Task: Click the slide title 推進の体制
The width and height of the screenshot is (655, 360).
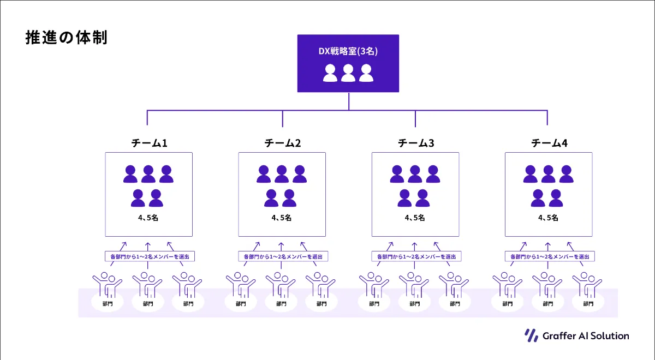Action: [67, 38]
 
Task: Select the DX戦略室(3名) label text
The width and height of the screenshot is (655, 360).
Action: [348, 51]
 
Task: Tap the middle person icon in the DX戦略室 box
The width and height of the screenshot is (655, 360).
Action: [348, 73]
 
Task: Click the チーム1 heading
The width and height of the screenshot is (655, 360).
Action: [149, 143]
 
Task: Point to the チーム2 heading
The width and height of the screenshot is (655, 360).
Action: [283, 143]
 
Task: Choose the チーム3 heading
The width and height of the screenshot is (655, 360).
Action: [416, 143]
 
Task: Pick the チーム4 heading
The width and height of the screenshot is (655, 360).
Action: [549, 143]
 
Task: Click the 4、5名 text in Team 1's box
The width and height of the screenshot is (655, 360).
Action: [148, 218]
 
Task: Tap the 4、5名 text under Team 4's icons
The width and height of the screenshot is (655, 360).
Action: [548, 218]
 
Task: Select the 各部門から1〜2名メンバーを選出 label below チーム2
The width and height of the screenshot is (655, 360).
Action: [283, 256]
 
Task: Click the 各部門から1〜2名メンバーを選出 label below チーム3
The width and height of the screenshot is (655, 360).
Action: [416, 256]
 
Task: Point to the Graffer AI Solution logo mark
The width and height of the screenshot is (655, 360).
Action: [531, 335]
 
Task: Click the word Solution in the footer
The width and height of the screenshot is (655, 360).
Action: [610, 336]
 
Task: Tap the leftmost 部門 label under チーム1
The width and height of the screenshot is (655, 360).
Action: [108, 304]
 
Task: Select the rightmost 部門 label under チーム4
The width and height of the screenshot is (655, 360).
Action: [588, 304]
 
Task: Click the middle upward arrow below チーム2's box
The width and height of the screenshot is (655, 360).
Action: [281, 247]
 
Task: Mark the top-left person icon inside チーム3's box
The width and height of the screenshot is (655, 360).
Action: [397, 174]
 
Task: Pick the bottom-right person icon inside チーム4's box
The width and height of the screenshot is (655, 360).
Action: [556, 198]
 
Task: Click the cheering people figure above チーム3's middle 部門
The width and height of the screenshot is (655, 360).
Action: [414, 285]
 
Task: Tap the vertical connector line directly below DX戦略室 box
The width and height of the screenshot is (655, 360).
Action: [349, 101]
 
